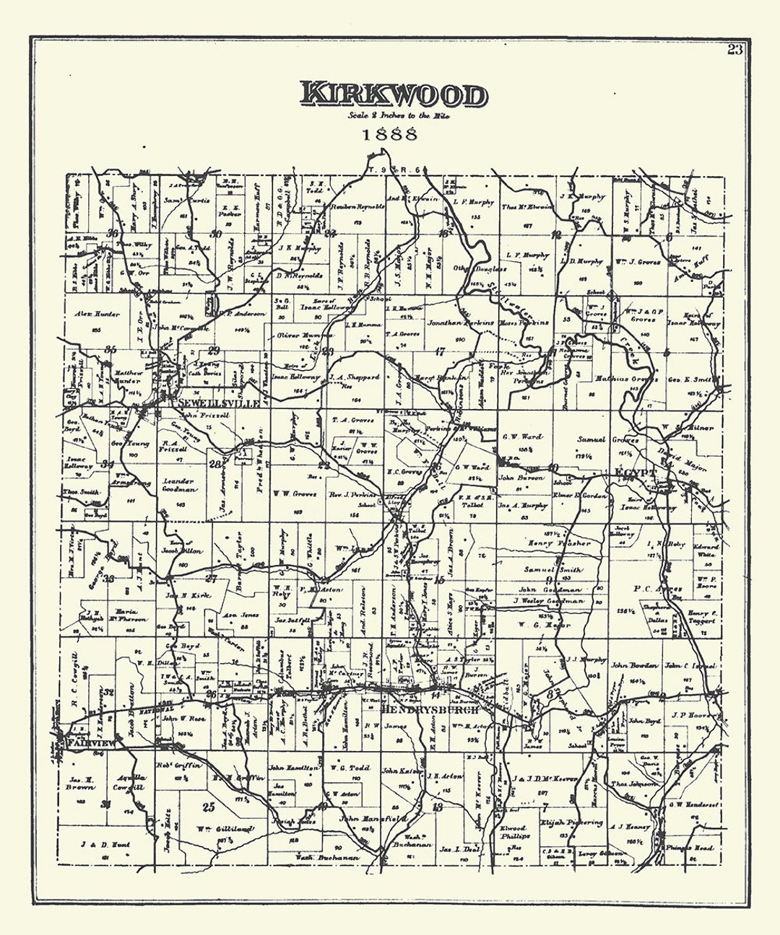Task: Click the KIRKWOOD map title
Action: [x=394, y=95]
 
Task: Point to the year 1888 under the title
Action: [x=390, y=133]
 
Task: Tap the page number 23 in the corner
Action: [x=734, y=49]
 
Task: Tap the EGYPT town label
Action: [x=635, y=473]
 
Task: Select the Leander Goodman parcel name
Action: [x=181, y=485]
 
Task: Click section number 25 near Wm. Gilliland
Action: [x=209, y=807]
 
